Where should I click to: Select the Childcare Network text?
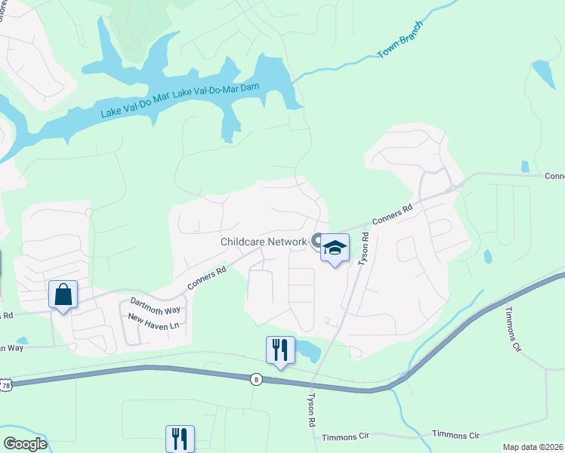point(264,242)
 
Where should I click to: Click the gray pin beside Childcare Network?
point(317,239)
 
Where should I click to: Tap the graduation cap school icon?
point(335,248)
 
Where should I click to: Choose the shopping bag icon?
point(63,294)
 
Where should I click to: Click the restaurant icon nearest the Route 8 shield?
point(280,350)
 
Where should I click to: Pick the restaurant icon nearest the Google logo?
point(180,438)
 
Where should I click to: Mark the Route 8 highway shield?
point(257,380)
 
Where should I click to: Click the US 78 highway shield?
point(5,386)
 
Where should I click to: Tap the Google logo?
point(25,444)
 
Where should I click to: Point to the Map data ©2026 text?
point(533,447)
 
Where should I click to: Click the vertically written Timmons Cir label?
point(513,329)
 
